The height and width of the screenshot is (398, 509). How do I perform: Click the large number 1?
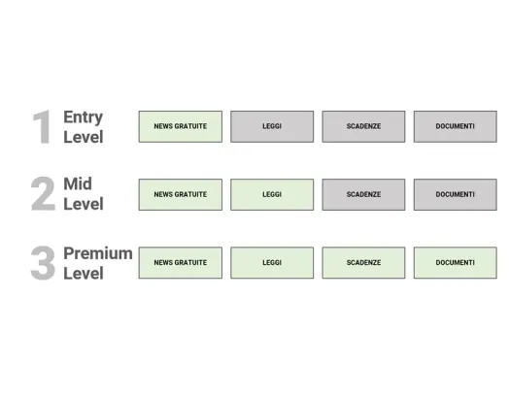click(42, 126)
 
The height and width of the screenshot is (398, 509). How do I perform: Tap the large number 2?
click(43, 194)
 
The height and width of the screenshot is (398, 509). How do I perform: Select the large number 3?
click(43, 263)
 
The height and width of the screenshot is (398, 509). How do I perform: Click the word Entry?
click(84, 117)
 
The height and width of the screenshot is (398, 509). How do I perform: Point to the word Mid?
click(78, 183)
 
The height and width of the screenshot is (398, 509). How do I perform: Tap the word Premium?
click(98, 253)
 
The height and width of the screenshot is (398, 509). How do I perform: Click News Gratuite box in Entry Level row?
click(181, 126)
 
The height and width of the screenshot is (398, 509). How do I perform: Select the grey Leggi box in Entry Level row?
click(272, 126)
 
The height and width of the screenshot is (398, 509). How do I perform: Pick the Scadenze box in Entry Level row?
click(363, 126)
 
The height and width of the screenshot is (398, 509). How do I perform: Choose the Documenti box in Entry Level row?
click(456, 126)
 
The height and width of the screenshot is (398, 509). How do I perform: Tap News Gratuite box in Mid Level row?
click(181, 194)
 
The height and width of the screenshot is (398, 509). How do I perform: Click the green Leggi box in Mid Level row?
click(272, 194)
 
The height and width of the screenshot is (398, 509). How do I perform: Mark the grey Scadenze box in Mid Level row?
click(363, 194)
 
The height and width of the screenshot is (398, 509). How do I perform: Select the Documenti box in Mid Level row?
click(456, 194)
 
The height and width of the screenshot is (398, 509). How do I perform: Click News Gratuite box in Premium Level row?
click(181, 263)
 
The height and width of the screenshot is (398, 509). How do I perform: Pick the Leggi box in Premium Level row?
click(272, 263)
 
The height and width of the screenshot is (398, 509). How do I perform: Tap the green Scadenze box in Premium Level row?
click(363, 263)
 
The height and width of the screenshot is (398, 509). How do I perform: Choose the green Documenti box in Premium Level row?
click(456, 263)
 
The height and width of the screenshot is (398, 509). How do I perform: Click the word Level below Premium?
click(84, 273)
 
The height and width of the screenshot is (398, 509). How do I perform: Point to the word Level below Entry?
click(84, 137)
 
